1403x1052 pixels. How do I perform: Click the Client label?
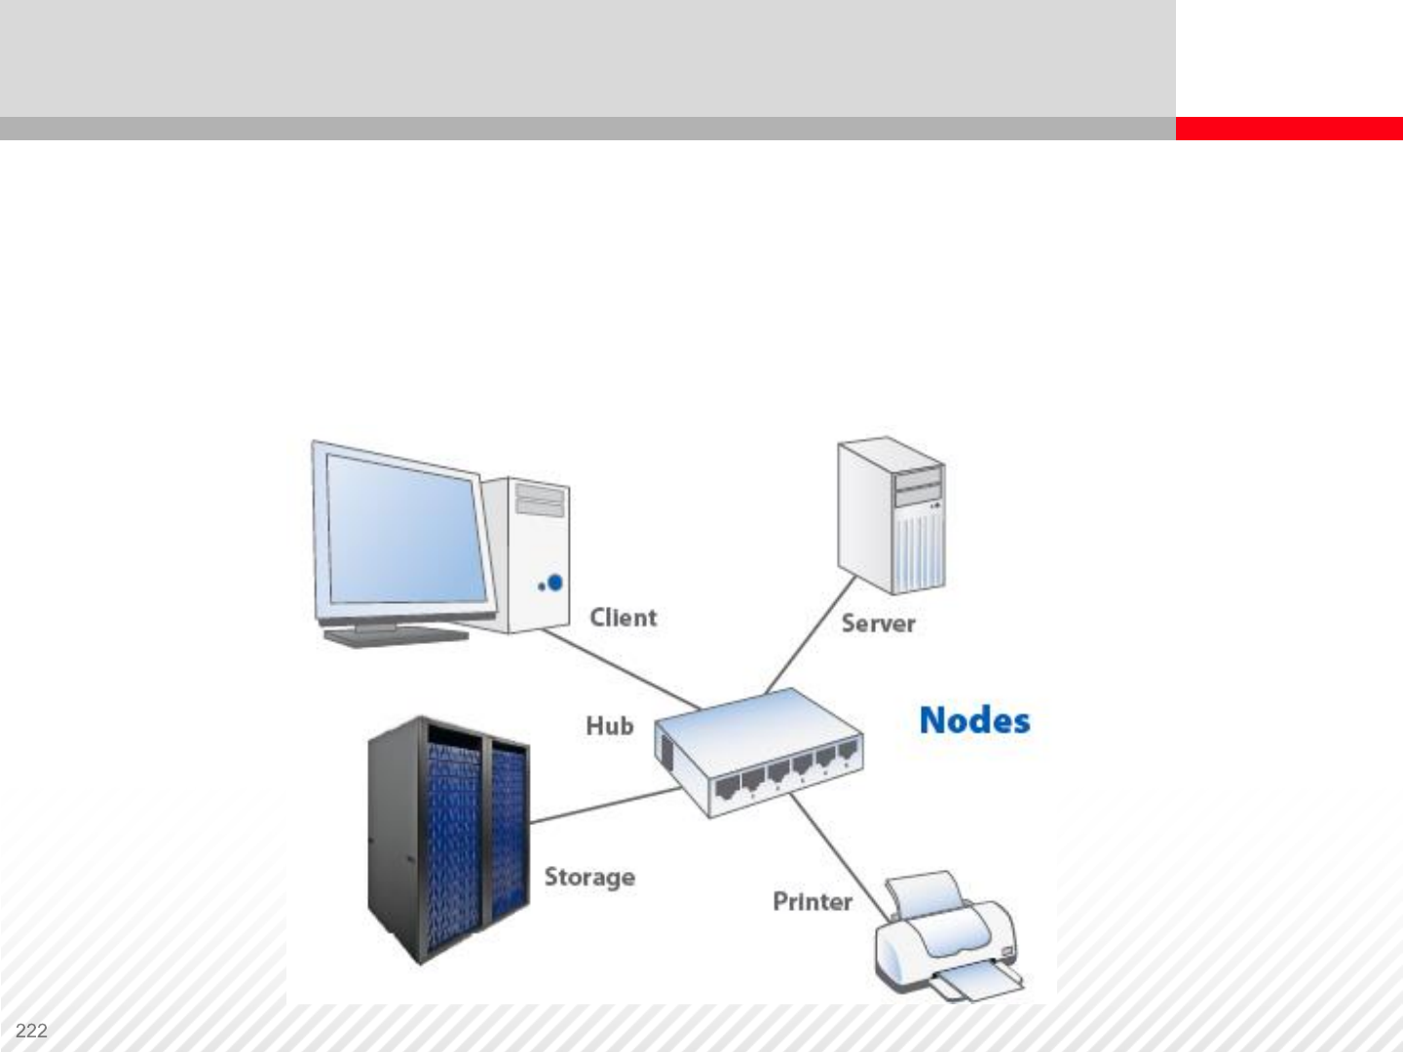tap(624, 618)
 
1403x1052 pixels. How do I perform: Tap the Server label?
tap(878, 623)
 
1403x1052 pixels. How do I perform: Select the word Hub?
tap(609, 726)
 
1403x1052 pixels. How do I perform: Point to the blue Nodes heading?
tap(974, 721)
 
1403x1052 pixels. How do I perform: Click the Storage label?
tap(589, 877)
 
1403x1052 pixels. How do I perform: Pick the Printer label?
tap(812, 902)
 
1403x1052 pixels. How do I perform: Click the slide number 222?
tap(32, 1031)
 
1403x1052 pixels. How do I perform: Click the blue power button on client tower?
tap(555, 582)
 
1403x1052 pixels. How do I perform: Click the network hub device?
tap(758, 750)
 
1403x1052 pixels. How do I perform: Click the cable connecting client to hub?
tap(624, 669)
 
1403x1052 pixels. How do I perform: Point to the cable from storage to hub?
tap(604, 805)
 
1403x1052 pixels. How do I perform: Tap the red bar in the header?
tap(1288, 129)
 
